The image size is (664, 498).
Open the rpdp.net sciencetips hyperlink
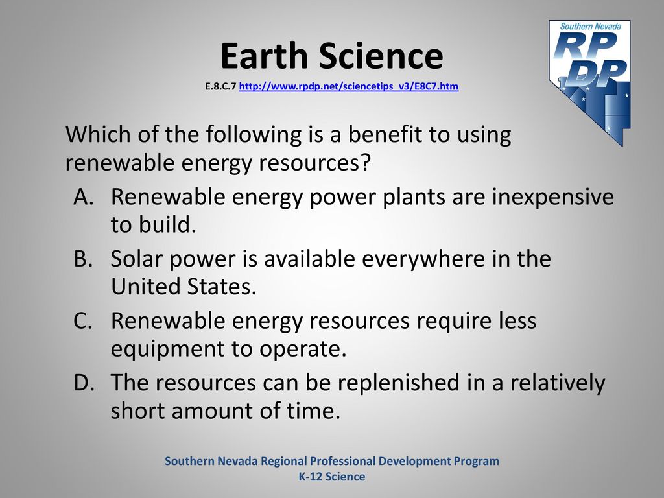click(x=348, y=86)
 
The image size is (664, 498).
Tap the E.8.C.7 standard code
click(x=220, y=86)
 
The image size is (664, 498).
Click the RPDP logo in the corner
click(x=589, y=82)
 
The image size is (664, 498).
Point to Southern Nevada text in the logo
click(x=590, y=26)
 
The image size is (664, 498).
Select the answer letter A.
click(x=83, y=196)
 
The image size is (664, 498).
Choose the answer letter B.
click(x=83, y=258)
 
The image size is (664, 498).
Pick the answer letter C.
click(x=83, y=320)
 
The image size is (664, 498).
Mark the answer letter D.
click(x=84, y=382)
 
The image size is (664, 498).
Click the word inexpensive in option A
click(x=552, y=198)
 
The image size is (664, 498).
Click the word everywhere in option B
click(x=423, y=259)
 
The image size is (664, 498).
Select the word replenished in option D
click(x=399, y=383)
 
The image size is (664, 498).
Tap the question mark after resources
click(x=366, y=162)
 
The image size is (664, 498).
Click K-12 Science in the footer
click(x=332, y=477)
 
